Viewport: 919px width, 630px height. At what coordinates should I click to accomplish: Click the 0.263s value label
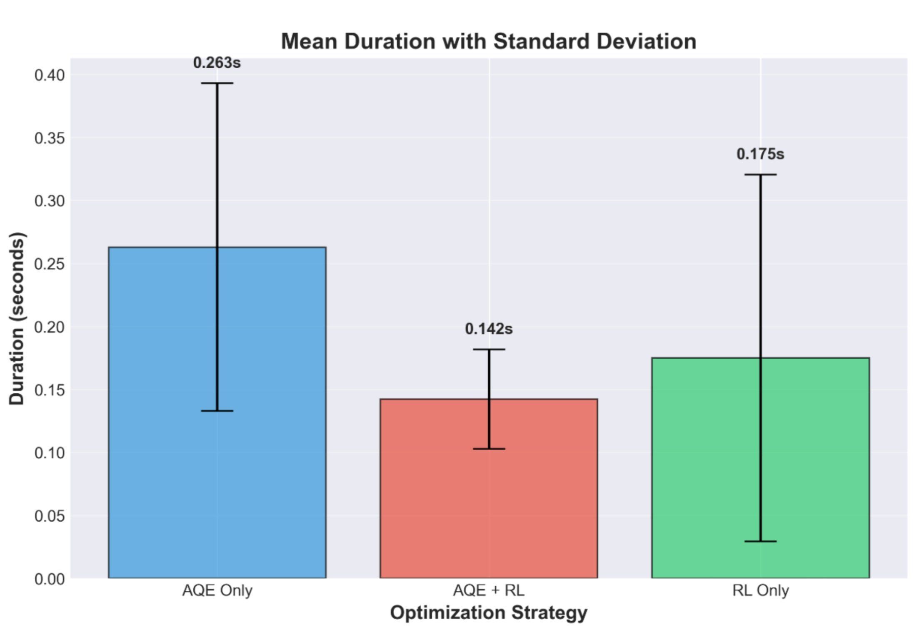[217, 63]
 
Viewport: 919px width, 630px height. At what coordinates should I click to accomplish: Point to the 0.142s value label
[489, 329]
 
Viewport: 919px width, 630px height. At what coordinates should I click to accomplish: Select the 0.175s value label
[760, 154]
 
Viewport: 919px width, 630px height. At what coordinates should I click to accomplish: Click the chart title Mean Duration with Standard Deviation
[489, 42]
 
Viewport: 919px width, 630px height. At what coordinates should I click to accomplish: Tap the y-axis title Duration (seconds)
[17, 318]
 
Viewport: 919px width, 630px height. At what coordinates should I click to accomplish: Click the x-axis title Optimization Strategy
[489, 613]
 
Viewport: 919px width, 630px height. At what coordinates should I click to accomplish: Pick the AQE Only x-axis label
[217, 590]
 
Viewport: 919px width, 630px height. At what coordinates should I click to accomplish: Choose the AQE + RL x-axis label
[489, 590]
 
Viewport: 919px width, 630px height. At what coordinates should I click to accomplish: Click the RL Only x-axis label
[760, 590]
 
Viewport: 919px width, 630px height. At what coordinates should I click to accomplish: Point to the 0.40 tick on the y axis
[50, 75]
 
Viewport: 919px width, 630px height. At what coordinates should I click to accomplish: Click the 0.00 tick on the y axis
[50, 579]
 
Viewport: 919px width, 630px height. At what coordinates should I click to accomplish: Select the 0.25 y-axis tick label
[50, 264]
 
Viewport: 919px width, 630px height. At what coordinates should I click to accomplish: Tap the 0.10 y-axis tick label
[50, 453]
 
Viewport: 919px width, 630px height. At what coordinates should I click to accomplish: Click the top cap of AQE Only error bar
[217, 83]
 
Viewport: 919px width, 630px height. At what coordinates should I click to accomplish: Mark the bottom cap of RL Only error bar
[760, 541]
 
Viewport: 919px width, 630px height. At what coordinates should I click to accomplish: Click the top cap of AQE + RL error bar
[489, 350]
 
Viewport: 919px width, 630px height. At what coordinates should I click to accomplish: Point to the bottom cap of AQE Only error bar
[217, 411]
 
